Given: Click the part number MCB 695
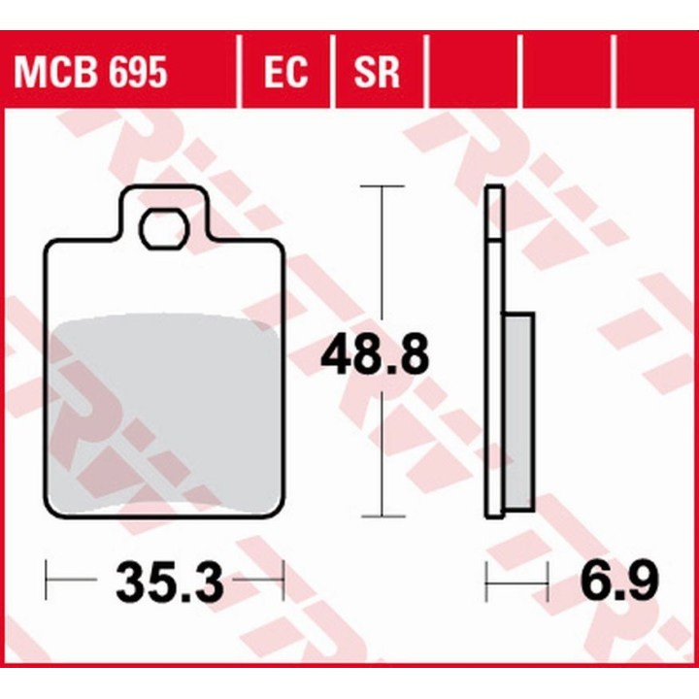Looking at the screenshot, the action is (x=90, y=71).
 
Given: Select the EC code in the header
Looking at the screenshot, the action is (x=285, y=71).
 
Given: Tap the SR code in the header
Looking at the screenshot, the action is (x=377, y=71).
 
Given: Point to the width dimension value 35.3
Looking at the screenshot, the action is (x=169, y=582).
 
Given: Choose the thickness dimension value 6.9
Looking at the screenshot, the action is (x=619, y=582).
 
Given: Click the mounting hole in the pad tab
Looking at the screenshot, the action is (x=164, y=230).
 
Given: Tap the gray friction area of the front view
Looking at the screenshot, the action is (x=163, y=413).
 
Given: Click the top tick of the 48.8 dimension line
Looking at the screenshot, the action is (x=383, y=185).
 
